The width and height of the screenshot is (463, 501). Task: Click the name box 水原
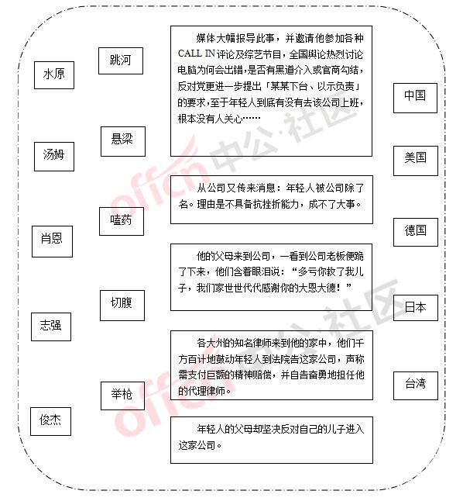click(x=54, y=75)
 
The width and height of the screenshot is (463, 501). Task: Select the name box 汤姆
click(x=54, y=157)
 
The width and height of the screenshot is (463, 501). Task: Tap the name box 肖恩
click(x=52, y=241)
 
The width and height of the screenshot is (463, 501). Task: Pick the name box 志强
click(x=51, y=327)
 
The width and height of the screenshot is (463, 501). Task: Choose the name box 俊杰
click(x=51, y=421)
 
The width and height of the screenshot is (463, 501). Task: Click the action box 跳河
click(x=121, y=60)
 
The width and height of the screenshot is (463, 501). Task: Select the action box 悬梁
click(x=123, y=141)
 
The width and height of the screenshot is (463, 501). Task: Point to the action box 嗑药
click(x=122, y=221)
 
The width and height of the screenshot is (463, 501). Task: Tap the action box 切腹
click(x=122, y=305)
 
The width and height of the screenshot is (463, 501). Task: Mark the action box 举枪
click(x=123, y=396)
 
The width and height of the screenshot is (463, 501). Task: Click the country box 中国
click(x=415, y=98)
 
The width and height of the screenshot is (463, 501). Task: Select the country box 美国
click(x=416, y=161)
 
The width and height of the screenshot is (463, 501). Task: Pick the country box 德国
click(x=416, y=232)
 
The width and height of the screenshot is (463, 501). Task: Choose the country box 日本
click(x=416, y=307)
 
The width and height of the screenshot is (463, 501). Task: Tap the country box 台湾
click(x=416, y=385)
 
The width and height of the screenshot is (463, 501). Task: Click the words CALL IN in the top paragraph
click(x=196, y=54)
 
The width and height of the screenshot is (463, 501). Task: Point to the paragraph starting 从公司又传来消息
click(x=271, y=195)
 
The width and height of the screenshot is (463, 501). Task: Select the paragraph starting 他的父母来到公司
click(x=270, y=272)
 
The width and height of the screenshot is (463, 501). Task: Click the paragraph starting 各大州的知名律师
click(x=271, y=367)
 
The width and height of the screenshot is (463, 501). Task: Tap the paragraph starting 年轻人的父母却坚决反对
click(x=271, y=437)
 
